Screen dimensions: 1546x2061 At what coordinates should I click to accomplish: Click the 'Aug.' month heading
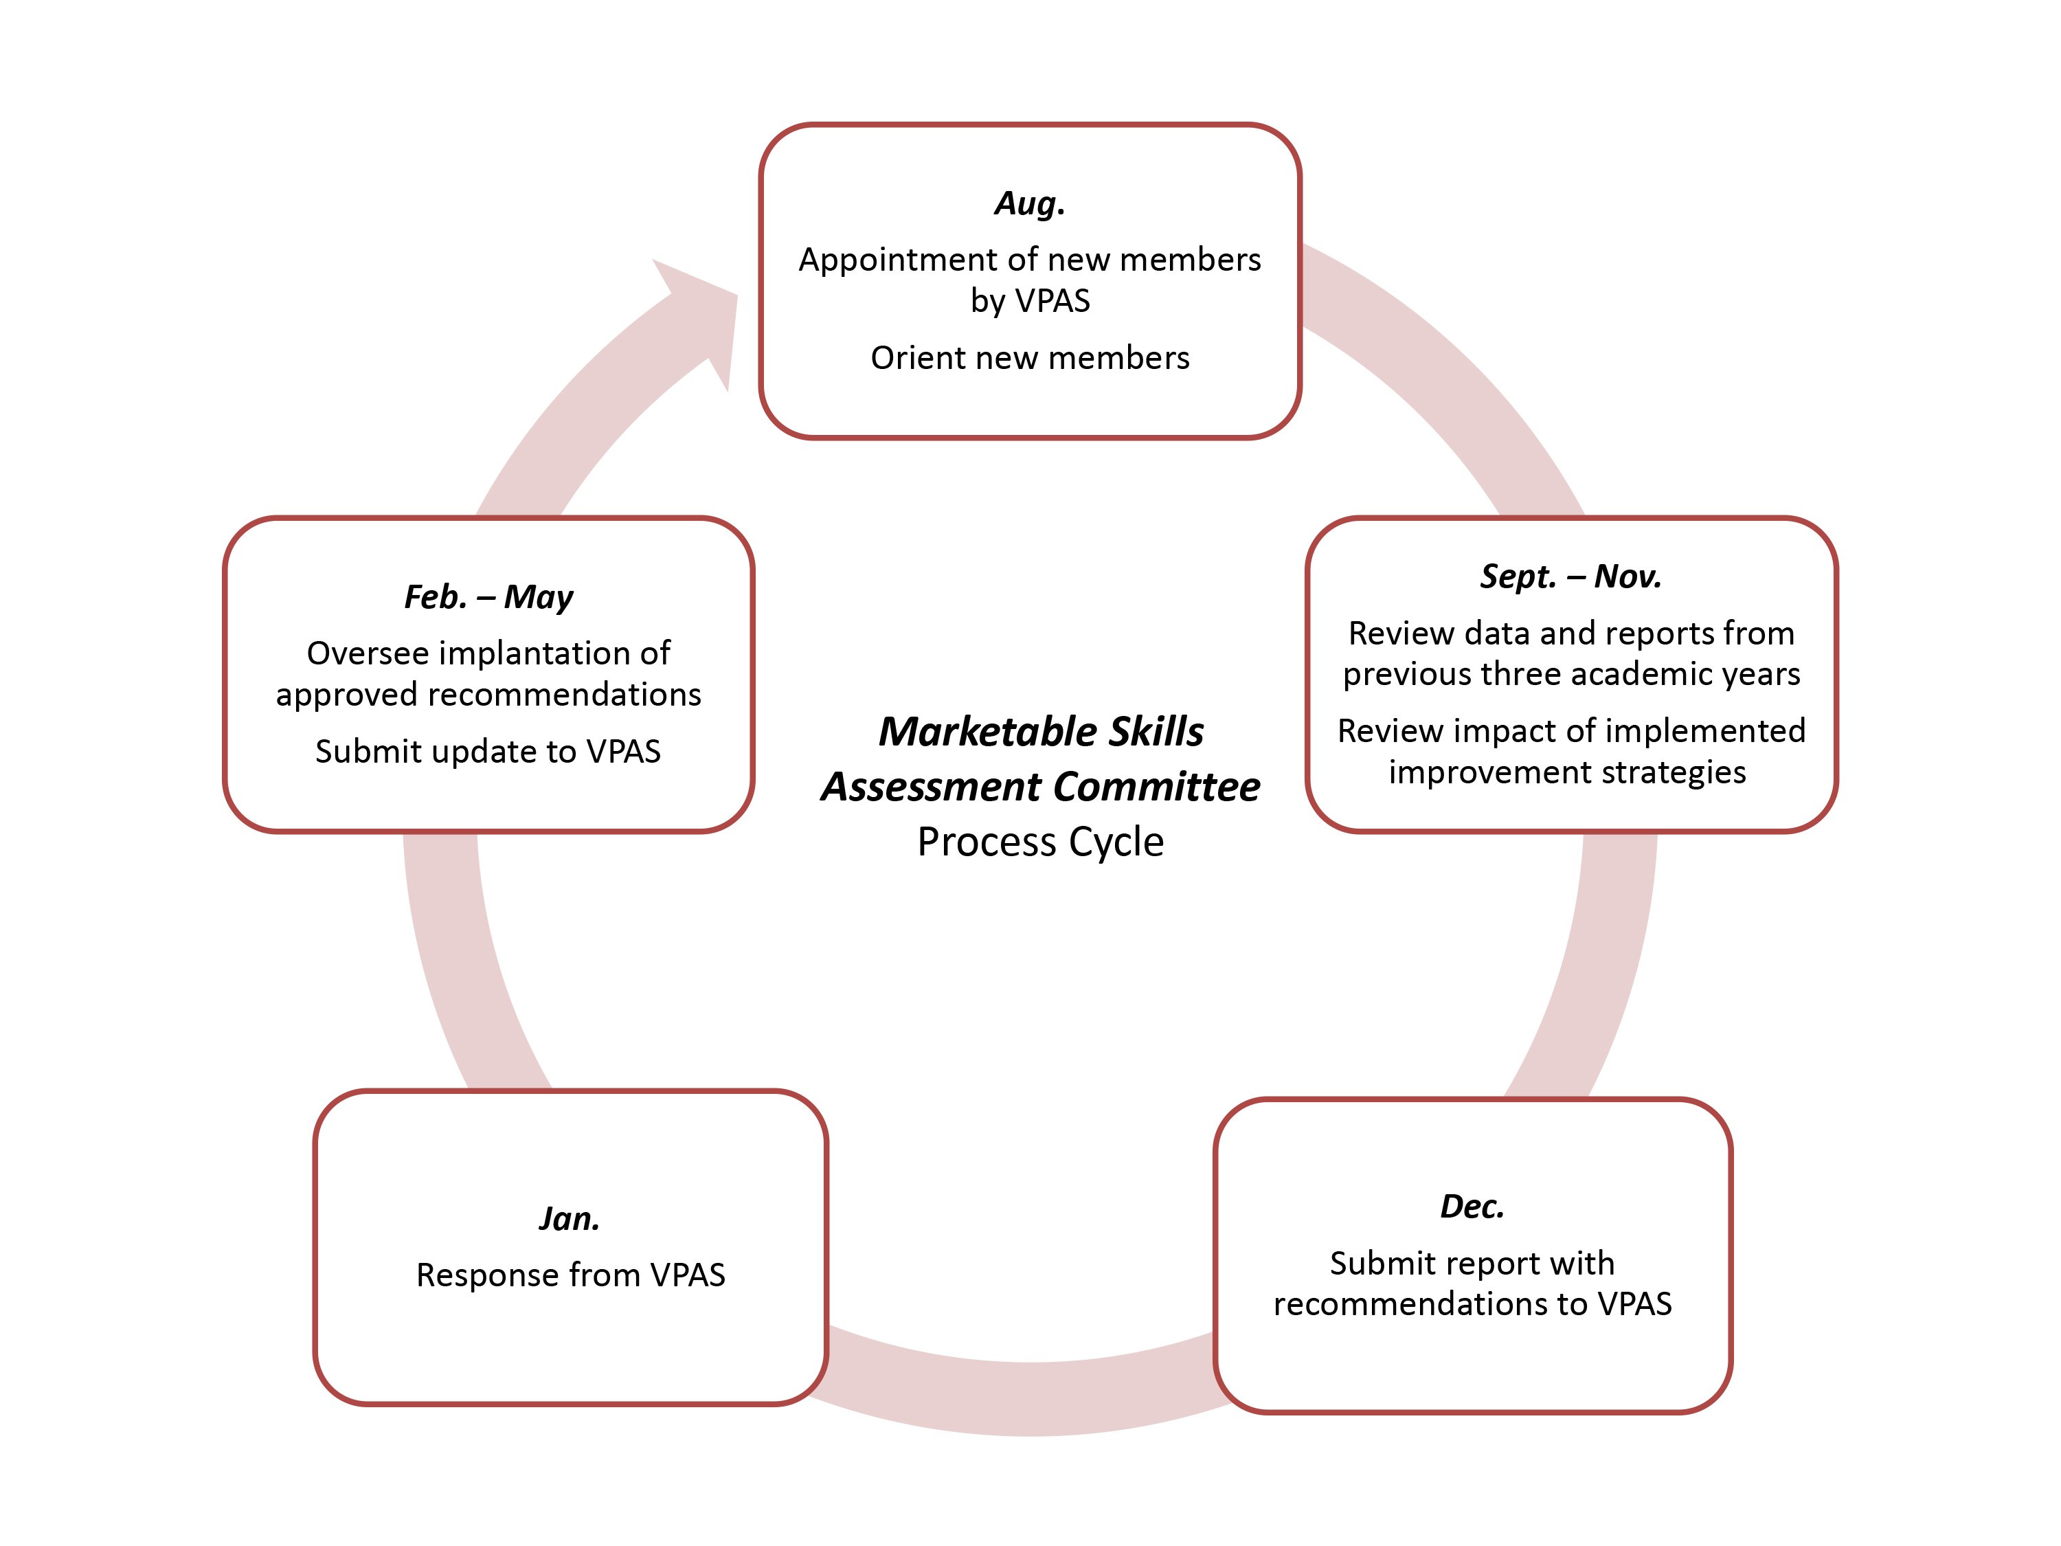pos(1030,203)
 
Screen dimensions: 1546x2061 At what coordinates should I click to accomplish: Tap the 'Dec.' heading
pos(1472,1206)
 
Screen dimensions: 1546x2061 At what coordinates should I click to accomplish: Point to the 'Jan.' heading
pos(570,1218)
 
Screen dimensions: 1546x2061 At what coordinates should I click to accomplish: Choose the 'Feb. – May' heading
pos(488,596)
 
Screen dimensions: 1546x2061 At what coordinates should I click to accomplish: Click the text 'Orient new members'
pos(1030,358)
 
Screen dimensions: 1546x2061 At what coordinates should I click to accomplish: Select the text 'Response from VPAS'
pos(570,1274)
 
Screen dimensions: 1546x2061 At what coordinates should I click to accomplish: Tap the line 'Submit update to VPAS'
pos(488,751)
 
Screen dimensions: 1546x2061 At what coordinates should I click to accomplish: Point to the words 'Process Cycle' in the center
pos(1040,842)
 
